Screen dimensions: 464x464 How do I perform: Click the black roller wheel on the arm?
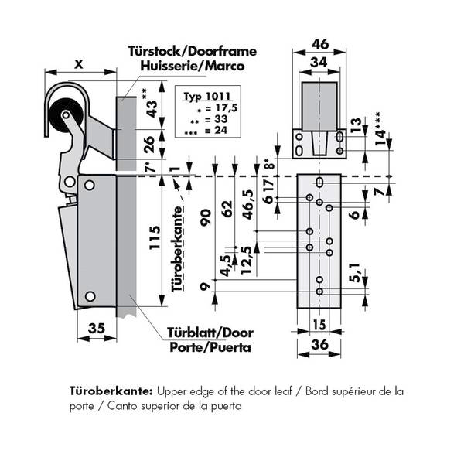pyautogui.click(x=63, y=120)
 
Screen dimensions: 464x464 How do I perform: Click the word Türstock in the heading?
pyautogui.click(x=152, y=53)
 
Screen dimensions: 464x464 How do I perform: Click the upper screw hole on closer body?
pyautogui.click(x=90, y=186)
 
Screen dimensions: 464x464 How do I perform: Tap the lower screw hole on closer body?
pyautogui.click(x=90, y=295)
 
